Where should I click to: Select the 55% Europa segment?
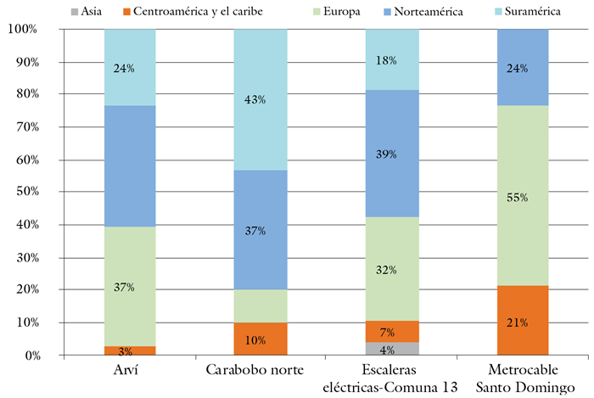pos(522,196)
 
